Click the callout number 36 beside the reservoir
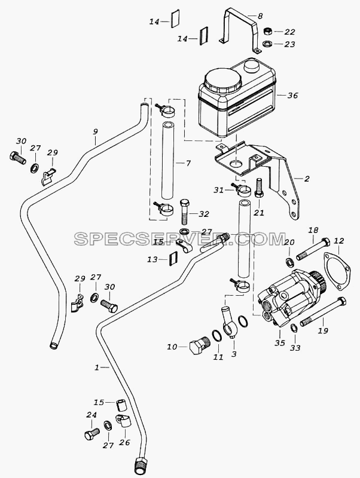click(292, 96)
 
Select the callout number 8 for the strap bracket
click(260, 16)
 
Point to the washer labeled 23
click(267, 44)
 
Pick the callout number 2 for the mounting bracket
click(307, 179)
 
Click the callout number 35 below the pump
click(279, 342)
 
